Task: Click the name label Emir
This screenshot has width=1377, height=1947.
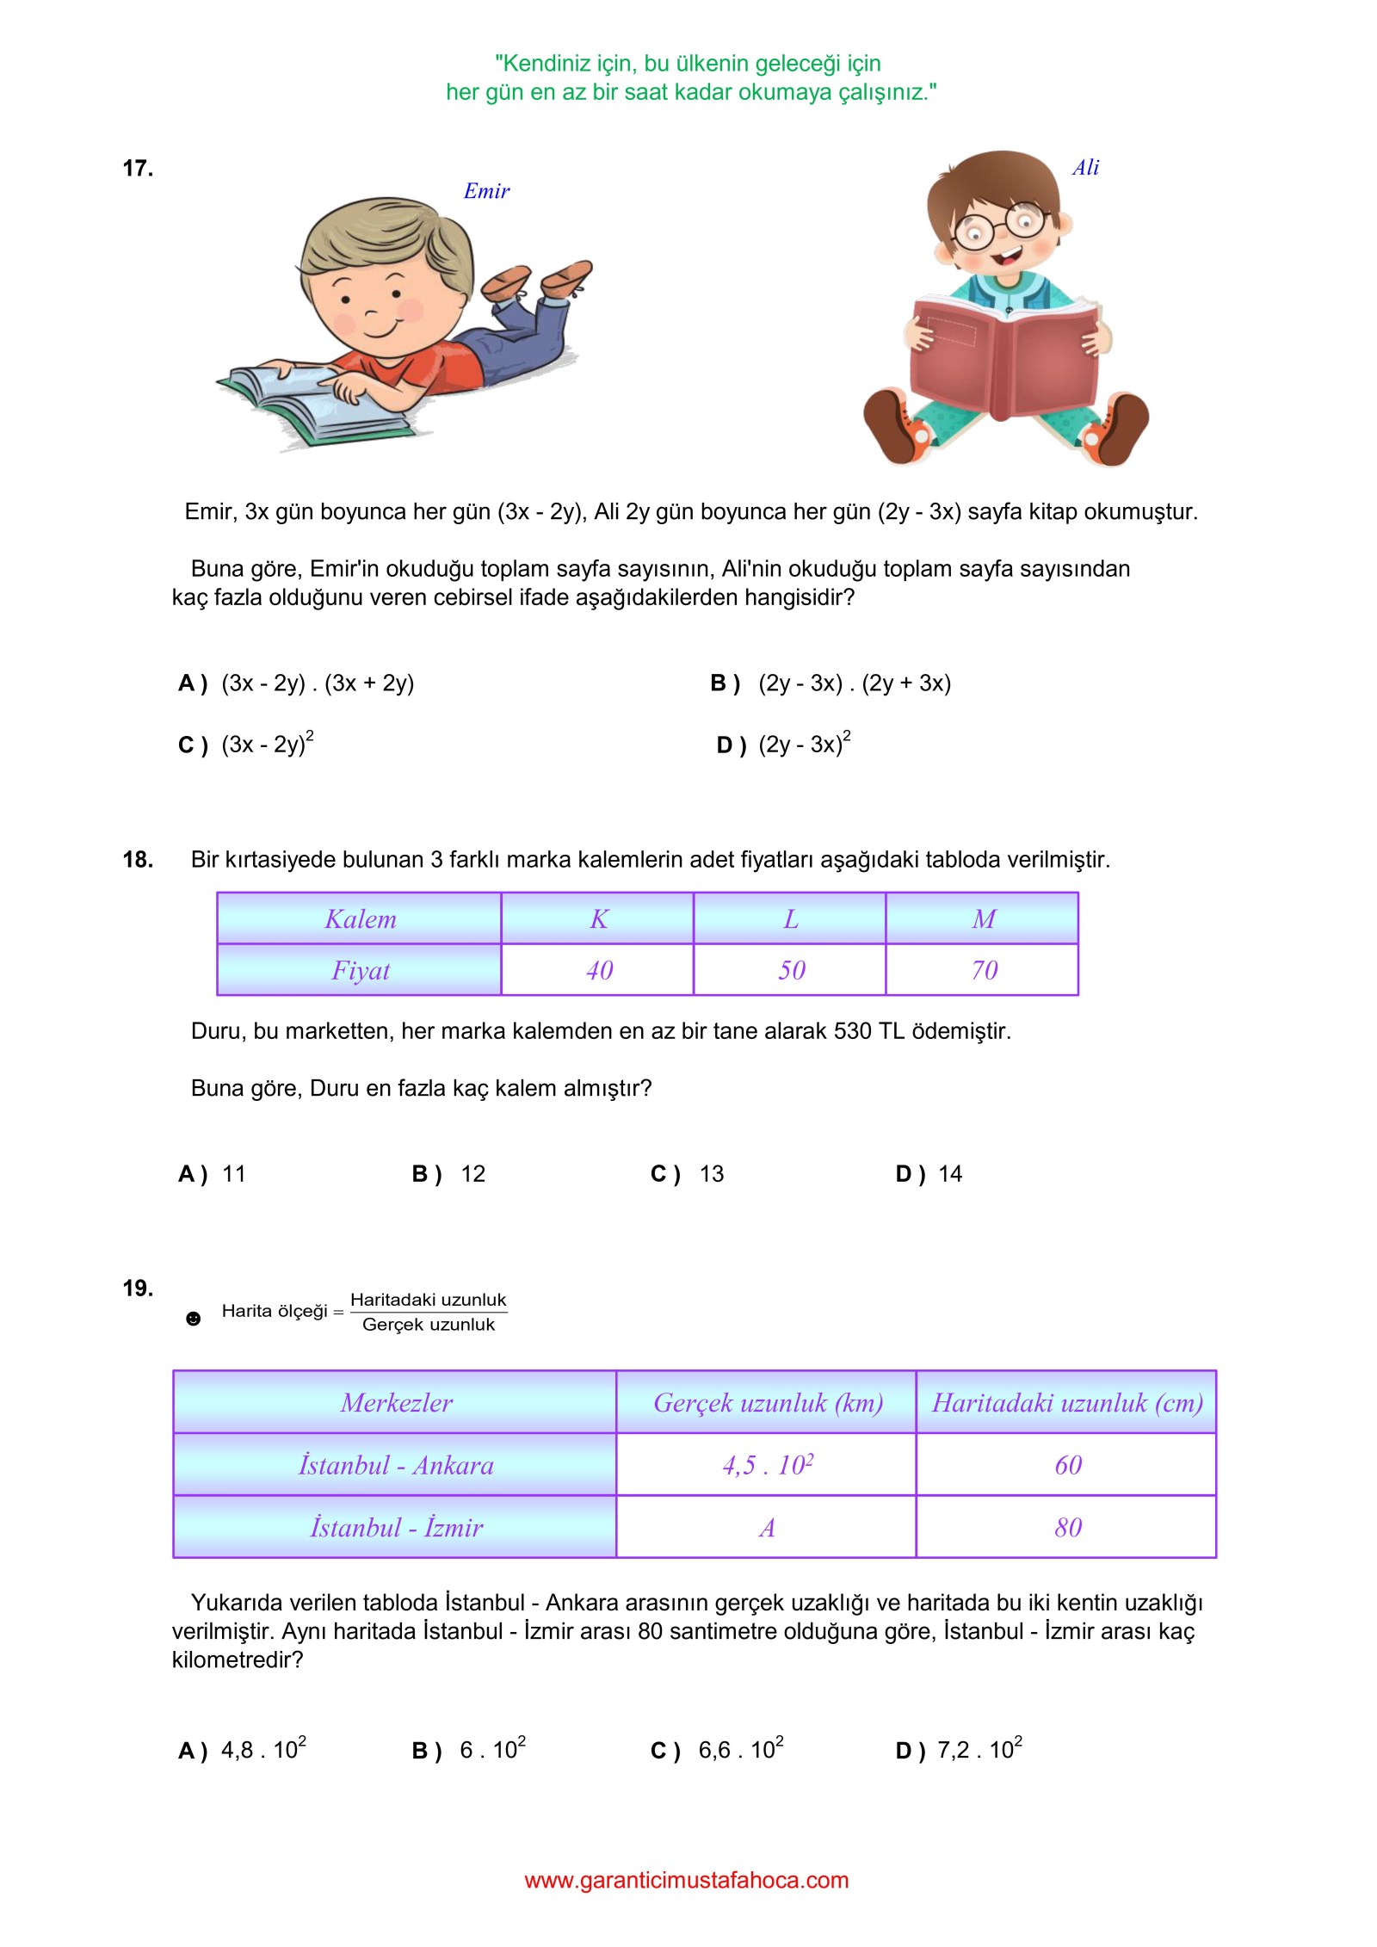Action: click(x=486, y=191)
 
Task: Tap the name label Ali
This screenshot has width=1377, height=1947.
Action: click(x=1085, y=168)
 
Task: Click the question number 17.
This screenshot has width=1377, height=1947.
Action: click(x=138, y=168)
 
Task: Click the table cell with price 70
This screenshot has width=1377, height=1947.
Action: click(x=983, y=970)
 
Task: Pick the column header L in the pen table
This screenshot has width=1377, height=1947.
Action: click(x=790, y=919)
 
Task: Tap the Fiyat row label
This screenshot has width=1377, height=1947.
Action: click(x=360, y=970)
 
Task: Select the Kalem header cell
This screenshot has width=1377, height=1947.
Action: click(x=360, y=919)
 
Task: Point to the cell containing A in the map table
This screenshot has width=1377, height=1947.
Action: click(x=766, y=1528)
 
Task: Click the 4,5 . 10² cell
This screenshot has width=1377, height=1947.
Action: click(x=766, y=1465)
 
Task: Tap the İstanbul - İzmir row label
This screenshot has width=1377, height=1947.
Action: click(x=395, y=1528)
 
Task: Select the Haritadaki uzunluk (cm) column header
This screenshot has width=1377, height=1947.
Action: click(x=1066, y=1403)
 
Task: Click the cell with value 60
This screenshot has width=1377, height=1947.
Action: click(x=1067, y=1465)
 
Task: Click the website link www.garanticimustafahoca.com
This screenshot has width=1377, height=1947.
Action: click(x=687, y=1880)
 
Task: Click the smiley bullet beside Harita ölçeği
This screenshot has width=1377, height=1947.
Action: click(x=194, y=1319)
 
